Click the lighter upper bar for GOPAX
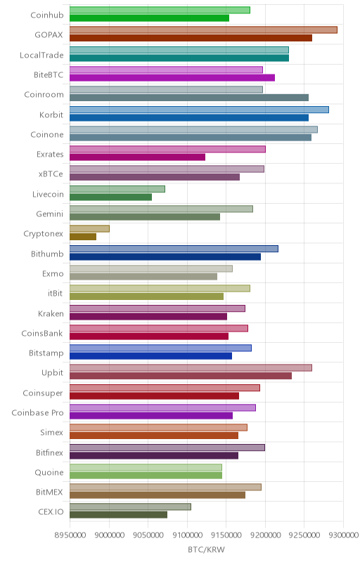point(203,30)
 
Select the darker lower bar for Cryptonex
point(83,237)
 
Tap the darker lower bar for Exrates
point(137,157)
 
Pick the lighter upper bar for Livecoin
point(117,189)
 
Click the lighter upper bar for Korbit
point(199,110)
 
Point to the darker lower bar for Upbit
point(181,376)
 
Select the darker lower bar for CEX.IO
point(118,515)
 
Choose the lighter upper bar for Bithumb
point(174,249)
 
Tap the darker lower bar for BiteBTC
point(172,77)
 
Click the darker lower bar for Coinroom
point(189,98)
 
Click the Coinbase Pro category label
point(37,412)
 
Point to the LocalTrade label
point(41,55)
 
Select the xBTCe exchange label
point(51,174)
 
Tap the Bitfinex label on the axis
point(49,452)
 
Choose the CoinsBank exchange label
point(42,333)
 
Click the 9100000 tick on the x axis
point(187,535)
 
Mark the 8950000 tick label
point(70,535)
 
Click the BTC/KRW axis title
point(206,550)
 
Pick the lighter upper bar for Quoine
point(146,467)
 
